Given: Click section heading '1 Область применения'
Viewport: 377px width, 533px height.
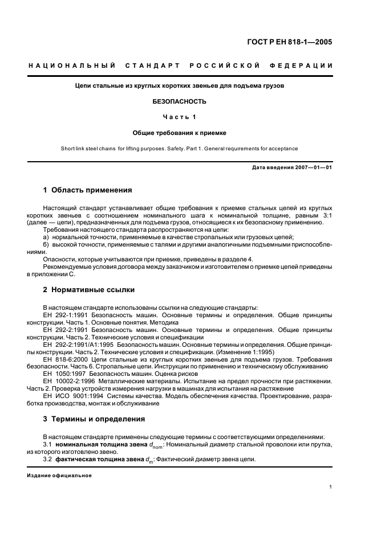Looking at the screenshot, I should coord(88,190).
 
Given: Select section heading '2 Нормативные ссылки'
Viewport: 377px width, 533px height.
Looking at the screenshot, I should coord(89,289).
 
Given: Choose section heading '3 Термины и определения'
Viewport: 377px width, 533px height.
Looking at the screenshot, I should coord(94,419).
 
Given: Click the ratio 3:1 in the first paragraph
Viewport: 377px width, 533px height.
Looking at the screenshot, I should coord(326,215).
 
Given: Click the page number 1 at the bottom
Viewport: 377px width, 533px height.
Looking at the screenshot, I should coord(331,487).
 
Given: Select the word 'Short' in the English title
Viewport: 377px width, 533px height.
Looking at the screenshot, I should coord(69,149).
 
